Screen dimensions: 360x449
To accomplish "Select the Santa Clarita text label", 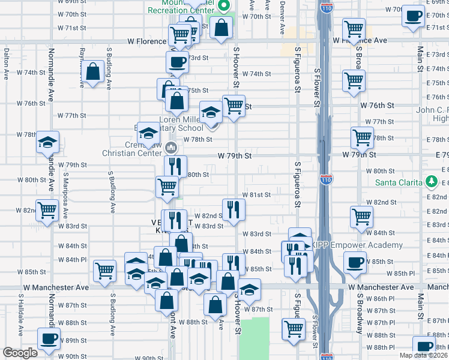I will (x=399, y=183).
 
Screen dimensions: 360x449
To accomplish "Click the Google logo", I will (x=20, y=353).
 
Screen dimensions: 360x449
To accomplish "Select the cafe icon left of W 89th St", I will (x=48, y=338).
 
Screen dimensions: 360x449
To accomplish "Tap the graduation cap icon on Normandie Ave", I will (x=47, y=143).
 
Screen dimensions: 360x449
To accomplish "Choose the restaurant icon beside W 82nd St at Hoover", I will (x=234, y=209).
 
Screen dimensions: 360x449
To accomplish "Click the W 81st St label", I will (x=256, y=194).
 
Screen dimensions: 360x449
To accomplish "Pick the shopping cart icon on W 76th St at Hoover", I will (x=234, y=106).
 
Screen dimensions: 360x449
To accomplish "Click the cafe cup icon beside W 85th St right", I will (x=355, y=262).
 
